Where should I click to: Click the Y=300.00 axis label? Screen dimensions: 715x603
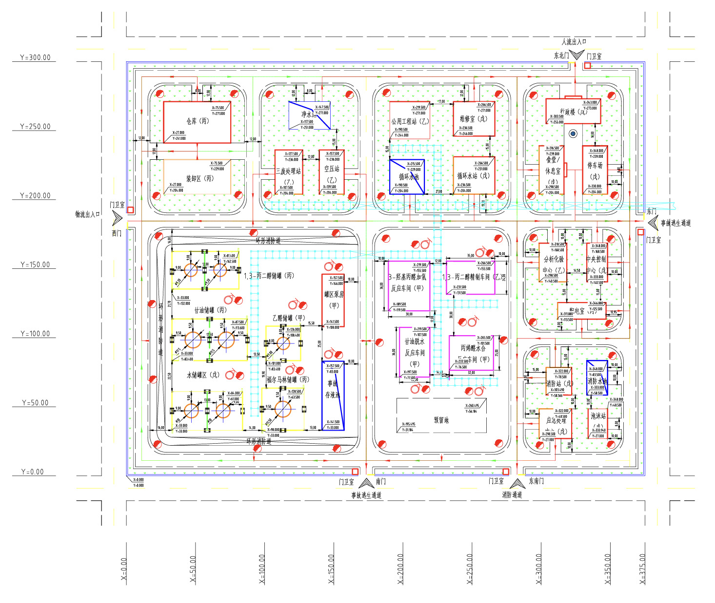pos(35,57)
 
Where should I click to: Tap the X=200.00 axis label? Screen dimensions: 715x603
pos(400,569)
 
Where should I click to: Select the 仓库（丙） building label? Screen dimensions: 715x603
pos(198,121)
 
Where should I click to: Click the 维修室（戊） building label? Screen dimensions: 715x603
pos(473,118)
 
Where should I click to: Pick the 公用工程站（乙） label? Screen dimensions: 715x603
pos(410,121)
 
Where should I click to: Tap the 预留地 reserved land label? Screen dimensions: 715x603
pos(441,420)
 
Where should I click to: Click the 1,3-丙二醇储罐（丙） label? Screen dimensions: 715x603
pos(269,276)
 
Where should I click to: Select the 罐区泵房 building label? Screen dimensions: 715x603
pos(334,294)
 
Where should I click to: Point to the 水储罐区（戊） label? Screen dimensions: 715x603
pos(203,375)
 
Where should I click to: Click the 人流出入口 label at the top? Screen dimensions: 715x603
pos(574,42)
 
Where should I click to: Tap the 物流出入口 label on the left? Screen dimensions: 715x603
pos(87,214)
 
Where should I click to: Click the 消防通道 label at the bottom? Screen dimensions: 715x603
pos(512,495)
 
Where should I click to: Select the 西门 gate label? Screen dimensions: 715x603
pos(117,234)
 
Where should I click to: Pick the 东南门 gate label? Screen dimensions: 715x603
pos(536,481)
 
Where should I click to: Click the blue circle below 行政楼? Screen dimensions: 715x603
pos(573,133)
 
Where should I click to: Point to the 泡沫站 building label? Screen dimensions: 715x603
pos(598,416)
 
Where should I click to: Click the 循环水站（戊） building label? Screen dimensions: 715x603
pos(473,176)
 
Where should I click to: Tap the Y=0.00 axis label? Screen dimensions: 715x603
pos(33,472)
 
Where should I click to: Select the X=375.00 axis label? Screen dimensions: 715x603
pos(642,569)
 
